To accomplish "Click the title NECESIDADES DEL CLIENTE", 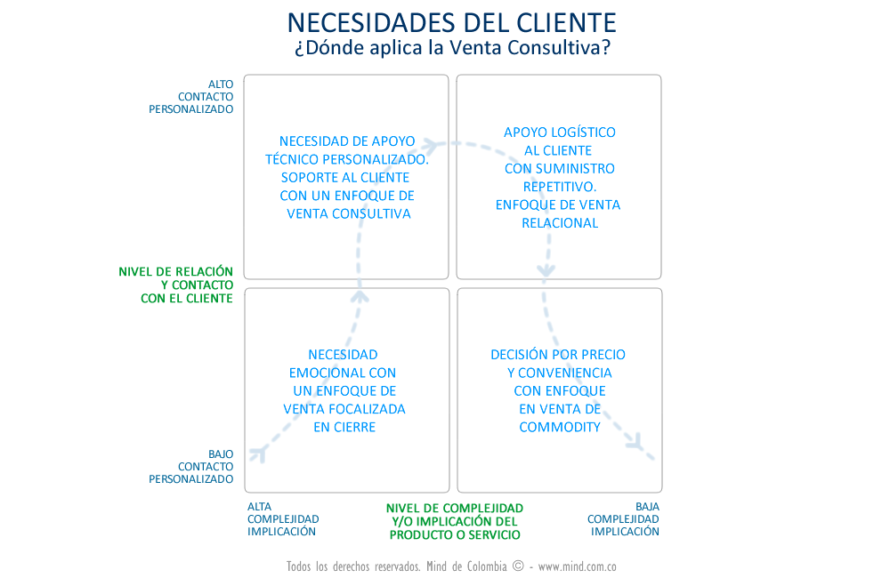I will (452, 21).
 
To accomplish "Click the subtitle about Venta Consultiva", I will (452, 47).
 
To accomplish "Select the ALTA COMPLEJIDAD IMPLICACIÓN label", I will (282, 519).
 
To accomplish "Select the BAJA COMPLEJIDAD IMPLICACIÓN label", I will (624, 519).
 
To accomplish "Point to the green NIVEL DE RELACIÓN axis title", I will (176, 285).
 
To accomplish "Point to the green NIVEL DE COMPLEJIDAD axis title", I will (455, 521).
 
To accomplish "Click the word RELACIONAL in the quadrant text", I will (560, 222).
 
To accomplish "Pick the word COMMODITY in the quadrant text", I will (560, 427).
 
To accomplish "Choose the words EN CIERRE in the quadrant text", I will (344, 427).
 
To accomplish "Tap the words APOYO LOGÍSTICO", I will (560, 132).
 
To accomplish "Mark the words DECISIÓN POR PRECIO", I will (558, 354).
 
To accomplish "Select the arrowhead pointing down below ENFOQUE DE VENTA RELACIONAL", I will (546, 268).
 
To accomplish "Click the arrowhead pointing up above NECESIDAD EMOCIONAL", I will (360, 294).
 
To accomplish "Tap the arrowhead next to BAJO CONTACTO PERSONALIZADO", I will (258, 454).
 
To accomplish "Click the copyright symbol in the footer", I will (518, 566).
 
